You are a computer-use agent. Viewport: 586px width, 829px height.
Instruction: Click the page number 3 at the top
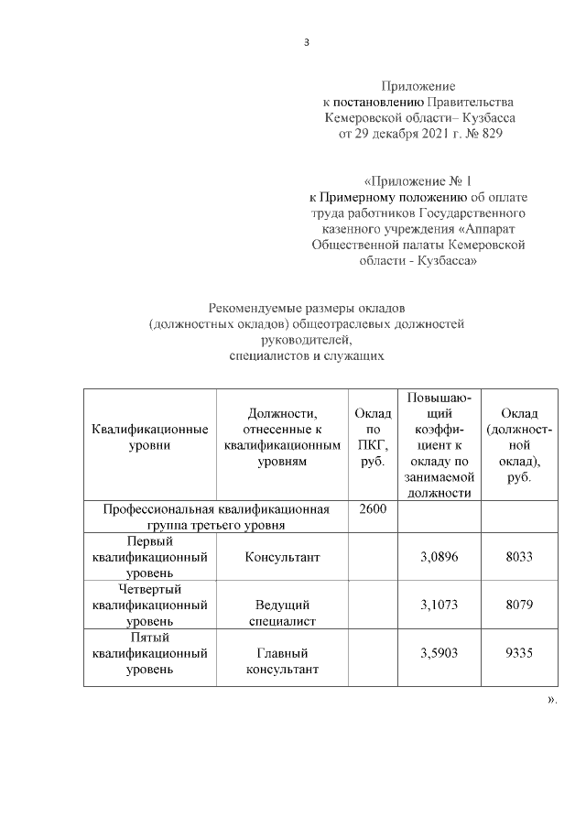(x=308, y=41)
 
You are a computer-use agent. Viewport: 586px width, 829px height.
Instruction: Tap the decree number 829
(x=491, y=135)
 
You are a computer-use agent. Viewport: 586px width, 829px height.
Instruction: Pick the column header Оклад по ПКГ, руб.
(x=372, y=437)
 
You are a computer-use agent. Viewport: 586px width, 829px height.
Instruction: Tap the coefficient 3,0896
(x=439, y=556)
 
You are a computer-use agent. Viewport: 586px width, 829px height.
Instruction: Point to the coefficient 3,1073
(x=439, y=605)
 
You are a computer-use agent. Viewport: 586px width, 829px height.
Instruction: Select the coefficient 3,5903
(x=439, y=653)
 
